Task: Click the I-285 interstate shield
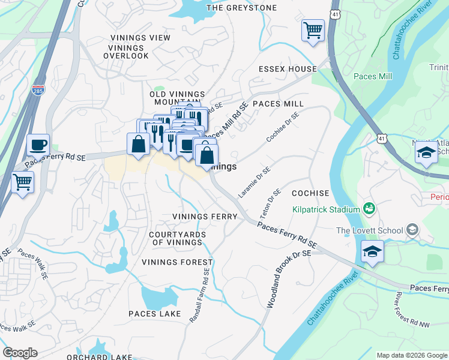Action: pos(38,90)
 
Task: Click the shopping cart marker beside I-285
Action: pos(23,182)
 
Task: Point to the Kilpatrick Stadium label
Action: pos(325,209)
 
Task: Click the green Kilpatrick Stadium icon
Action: pos(369,209)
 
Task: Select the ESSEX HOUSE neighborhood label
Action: pos(287,69)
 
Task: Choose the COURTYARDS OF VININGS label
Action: pos(177,238)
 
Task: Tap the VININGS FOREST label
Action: pos(177,262)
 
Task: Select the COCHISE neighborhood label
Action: pos(310,193)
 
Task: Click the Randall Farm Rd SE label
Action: pos(200,296)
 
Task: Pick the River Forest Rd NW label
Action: pos(406,312)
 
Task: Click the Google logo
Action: pos(20,353)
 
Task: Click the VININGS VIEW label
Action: pos(140,38)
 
